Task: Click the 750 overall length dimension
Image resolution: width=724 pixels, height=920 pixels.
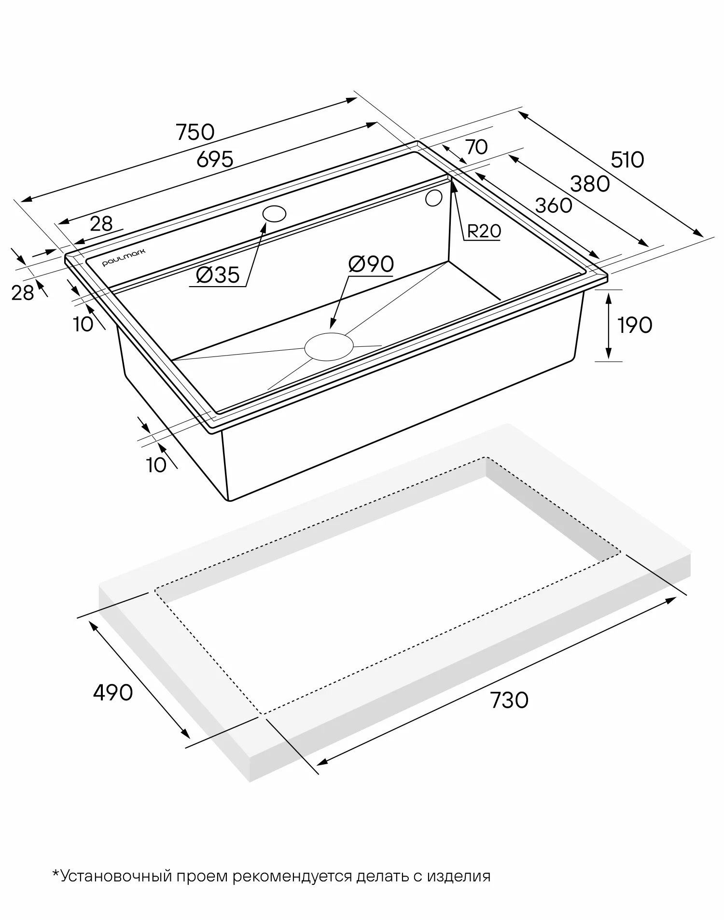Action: click(x=195, y=132)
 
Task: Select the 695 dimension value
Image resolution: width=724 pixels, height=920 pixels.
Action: click(x=215, y=159)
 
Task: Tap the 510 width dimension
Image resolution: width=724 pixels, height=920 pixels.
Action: click(x=627, y=160)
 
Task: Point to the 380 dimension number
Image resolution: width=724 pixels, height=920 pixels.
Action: click(x=590, y=184)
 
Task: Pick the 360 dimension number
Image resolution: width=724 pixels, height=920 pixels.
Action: click(x=554, y=206)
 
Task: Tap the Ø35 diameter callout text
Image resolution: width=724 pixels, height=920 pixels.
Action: click(x=218, y=275)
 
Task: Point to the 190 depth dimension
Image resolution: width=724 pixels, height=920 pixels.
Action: click(x=635, y=325)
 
